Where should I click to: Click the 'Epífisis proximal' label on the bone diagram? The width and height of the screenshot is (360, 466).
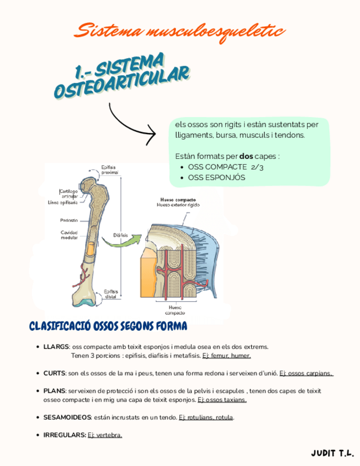(x=109, y=169)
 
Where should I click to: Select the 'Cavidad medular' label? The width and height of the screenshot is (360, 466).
(x=69, y=235)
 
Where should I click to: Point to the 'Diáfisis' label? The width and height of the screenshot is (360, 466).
(x=120, y=235)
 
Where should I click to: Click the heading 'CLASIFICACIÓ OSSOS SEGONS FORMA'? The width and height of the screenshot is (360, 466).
(x=108, y=326)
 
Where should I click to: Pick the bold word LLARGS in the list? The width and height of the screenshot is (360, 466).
(x=56, y=347)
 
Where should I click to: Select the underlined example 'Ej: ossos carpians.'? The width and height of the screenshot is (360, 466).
(x=306, y=373)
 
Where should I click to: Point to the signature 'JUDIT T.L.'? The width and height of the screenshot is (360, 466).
(x=332, y=453)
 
